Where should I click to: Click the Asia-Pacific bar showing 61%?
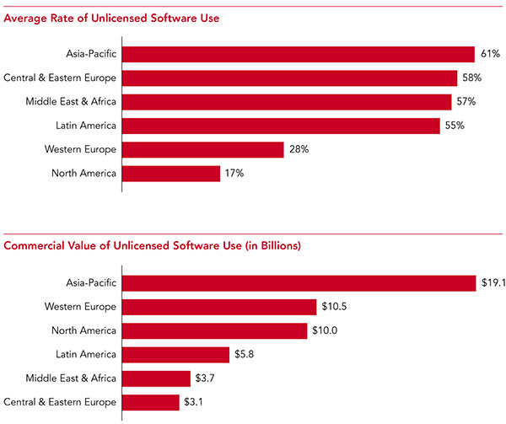[x=299, y=54]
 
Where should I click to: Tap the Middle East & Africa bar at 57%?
[x=288, y=102]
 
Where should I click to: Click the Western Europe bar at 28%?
[x=204, y=149]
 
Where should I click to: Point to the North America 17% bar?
[x=172, y=174]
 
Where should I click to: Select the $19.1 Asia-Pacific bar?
[x=299, y=282]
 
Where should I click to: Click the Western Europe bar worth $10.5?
[x=220, y=306]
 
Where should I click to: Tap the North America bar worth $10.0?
[x=215, y=330]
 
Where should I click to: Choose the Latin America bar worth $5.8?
[x=176, y=354]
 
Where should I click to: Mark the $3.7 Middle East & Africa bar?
[x=157, y=378]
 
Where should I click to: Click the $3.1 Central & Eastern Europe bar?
[x=152, y=402]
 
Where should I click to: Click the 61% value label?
[x=490, y=54]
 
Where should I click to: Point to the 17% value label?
[x=235, y=174]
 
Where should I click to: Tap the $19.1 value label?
[x=493, y=282]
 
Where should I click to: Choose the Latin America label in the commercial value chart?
[x=85, y=354]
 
